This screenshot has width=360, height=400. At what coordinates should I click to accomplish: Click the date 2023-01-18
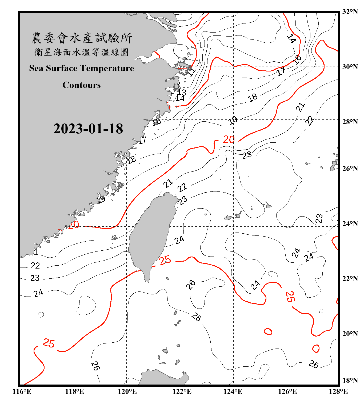tap(88, 129)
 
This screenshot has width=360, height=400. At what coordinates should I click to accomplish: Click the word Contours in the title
tap(82, 85)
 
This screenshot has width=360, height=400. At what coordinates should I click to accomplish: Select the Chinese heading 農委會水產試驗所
tap(82, 38)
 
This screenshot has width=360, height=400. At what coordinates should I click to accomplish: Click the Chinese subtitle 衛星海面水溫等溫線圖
tap(82, 52)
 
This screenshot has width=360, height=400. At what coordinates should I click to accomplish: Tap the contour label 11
tap(191, 71)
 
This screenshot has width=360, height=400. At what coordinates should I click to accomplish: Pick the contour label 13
tap(182, 92)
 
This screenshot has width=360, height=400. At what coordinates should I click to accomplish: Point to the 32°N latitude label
tap(350, 12)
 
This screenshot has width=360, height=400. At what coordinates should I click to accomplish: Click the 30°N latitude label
tap(350, 67)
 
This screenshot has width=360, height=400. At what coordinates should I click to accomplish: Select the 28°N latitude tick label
tap(350, 122)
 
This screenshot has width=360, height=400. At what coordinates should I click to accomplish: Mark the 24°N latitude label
tap(350, 223)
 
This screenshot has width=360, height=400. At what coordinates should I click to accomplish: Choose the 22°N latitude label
tap(350, 279)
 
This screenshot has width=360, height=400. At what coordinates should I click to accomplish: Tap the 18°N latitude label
tap(350, 381)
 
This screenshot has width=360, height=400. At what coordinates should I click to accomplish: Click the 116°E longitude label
tap(22, 391)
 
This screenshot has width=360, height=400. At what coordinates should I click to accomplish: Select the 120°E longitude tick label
tap(127, 391)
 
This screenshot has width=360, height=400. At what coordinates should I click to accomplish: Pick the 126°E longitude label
tap(287, 391)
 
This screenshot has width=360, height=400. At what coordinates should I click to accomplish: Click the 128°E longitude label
tap(338, 391)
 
